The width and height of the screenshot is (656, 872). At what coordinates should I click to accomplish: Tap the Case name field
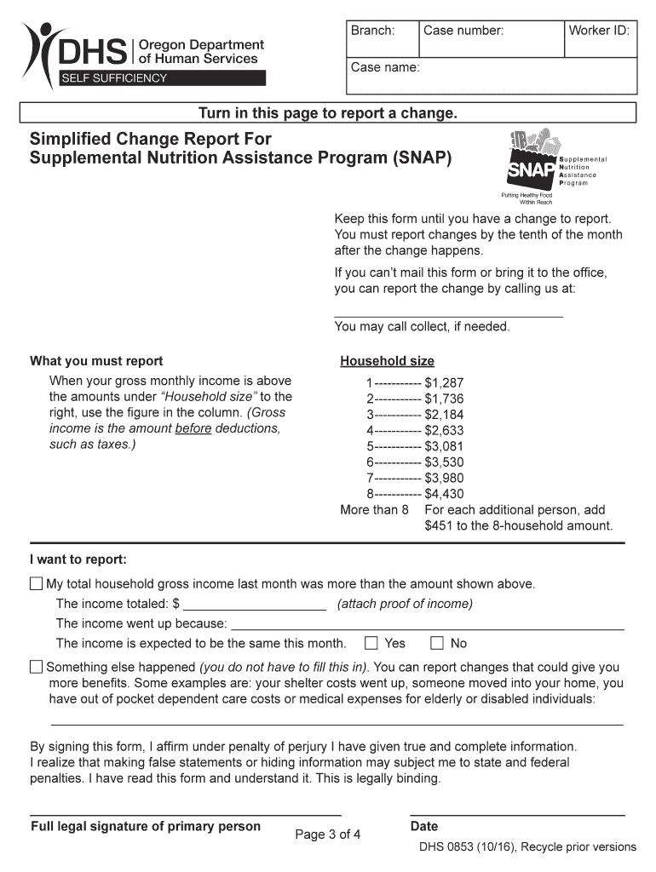tap(491, 76)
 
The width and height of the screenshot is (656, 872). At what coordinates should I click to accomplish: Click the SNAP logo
tap(532, 162)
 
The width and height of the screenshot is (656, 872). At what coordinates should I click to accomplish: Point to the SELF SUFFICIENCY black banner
tap(160, 78)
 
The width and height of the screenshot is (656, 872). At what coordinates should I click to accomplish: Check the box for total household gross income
tap(36, 584)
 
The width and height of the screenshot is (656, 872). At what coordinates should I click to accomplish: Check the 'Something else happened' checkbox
tap(36, 667)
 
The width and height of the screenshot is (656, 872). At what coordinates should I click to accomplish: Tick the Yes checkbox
tap(371, 643)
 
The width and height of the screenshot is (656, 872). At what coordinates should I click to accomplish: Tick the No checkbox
tap(437, 643)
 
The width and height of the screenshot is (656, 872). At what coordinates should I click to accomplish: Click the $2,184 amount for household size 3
tap(444, 414)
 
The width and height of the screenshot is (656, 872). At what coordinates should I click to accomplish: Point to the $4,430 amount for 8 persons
tap(444, 494)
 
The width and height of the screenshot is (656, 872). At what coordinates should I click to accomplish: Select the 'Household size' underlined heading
tap(387, 361)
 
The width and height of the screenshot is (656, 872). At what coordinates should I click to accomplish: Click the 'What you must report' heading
tap(96, 361)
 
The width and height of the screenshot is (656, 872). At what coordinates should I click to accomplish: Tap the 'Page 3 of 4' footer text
tap(328, 835)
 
